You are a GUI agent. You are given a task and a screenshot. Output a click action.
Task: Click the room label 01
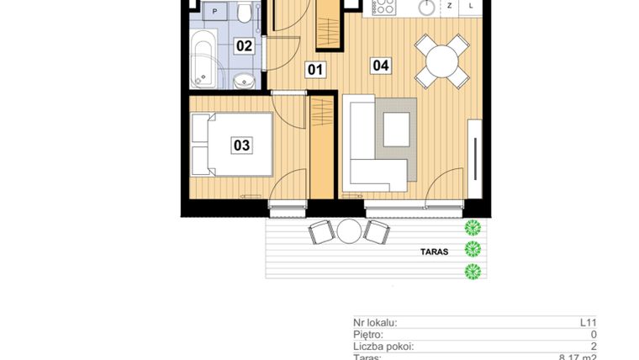[315, 70]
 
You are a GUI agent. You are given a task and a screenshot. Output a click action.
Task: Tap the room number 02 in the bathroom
[244, 45]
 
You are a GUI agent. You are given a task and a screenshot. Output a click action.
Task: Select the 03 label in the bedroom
[241, 146]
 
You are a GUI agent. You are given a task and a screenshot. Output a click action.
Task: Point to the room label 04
[381, 64]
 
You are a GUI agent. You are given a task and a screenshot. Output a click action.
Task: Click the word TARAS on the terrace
[435, 251]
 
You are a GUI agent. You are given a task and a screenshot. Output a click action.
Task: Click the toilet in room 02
[245, 13]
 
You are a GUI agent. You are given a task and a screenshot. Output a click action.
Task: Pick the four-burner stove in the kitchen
[384, 7]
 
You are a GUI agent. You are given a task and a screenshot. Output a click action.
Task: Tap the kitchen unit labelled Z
[450, 6]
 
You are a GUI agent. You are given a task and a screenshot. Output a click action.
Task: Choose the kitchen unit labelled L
[471, 6]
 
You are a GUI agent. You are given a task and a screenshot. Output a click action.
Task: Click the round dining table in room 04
[441, 61]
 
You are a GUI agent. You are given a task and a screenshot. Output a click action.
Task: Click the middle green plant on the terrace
[473, 248]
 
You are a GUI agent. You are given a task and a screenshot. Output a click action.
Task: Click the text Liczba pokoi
[383, 346]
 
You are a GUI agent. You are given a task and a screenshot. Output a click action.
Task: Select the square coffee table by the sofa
[396, 130]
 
